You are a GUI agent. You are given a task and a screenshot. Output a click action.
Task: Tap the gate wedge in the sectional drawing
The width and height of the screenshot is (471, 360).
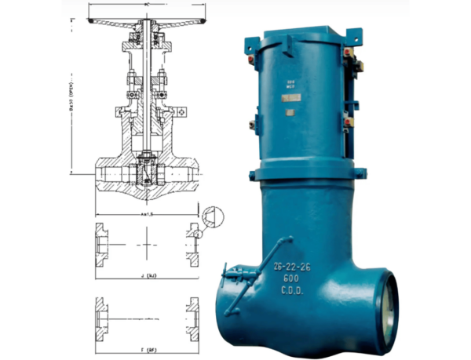coord(147,170)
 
